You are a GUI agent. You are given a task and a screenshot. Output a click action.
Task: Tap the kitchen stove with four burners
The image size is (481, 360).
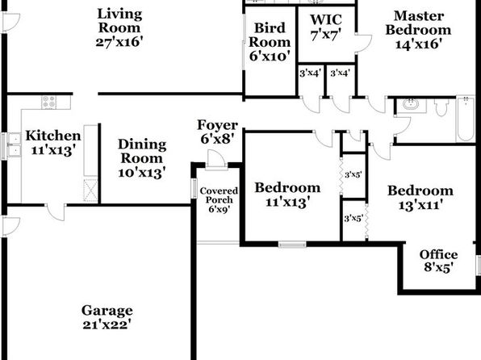click(x=49, y=103)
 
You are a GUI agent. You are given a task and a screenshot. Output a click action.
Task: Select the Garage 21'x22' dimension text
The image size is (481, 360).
click(x=107, y=324)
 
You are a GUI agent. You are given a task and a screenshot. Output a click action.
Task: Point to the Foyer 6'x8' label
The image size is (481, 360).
click(x=217, y=132)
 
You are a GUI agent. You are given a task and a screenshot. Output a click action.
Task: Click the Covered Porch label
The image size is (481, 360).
click(x=219, y=195)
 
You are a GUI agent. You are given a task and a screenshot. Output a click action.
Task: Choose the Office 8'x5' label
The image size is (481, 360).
click(x=438, y=261)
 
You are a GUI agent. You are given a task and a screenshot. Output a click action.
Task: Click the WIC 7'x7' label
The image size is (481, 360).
click(x=326, y=27)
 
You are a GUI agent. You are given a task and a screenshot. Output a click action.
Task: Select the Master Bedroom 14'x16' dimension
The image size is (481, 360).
click(x=418, y=44)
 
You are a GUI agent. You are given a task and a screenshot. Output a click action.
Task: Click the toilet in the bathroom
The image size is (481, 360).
click(x=441, y=107)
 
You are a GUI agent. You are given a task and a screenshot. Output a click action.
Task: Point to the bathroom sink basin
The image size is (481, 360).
click(x=411, y=105)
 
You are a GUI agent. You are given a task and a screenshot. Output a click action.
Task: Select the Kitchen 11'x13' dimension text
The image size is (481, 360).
click(x=53, y=150)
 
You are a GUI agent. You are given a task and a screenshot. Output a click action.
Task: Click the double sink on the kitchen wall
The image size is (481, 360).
click(x=14, y=144)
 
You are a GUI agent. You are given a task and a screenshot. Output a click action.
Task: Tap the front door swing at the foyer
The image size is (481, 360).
click(x=216, y=159)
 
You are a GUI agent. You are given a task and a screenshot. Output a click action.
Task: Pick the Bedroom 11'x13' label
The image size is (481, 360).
click(x=287, y=195)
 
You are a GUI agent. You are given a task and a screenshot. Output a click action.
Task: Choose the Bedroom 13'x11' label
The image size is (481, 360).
click(x=420, y=198)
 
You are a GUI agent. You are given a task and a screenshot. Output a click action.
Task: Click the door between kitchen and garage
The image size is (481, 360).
click(x=56, y=212)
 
